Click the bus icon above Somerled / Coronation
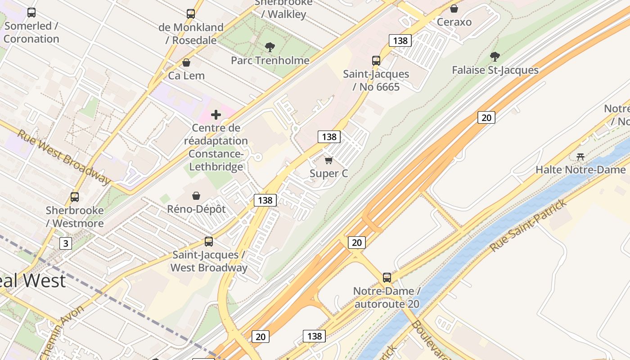[x=31, y=13]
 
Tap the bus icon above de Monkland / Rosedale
[x=191, y=14]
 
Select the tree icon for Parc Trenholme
[x=270, y=47]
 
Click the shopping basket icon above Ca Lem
[x=186, y=63]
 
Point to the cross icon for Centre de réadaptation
[x=216, y=115]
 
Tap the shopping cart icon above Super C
[x=328, y=160]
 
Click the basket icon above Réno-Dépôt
[x=196, y=196]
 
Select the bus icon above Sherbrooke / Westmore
[x=75, y=197]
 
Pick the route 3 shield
[x=66, y=243]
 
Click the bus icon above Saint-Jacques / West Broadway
[x=209, y=242]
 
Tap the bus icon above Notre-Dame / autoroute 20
[x=387, y=277]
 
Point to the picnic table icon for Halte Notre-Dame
[x=580, y=157]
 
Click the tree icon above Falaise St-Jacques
[x=495, y=57]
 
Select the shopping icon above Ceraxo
[x=454, y=9]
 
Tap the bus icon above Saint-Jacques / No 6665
[x=376, y=60]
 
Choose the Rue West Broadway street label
[x=64, y=157]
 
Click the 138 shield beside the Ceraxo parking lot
[x=400, y=40]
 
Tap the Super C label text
[x=329, y=174]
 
